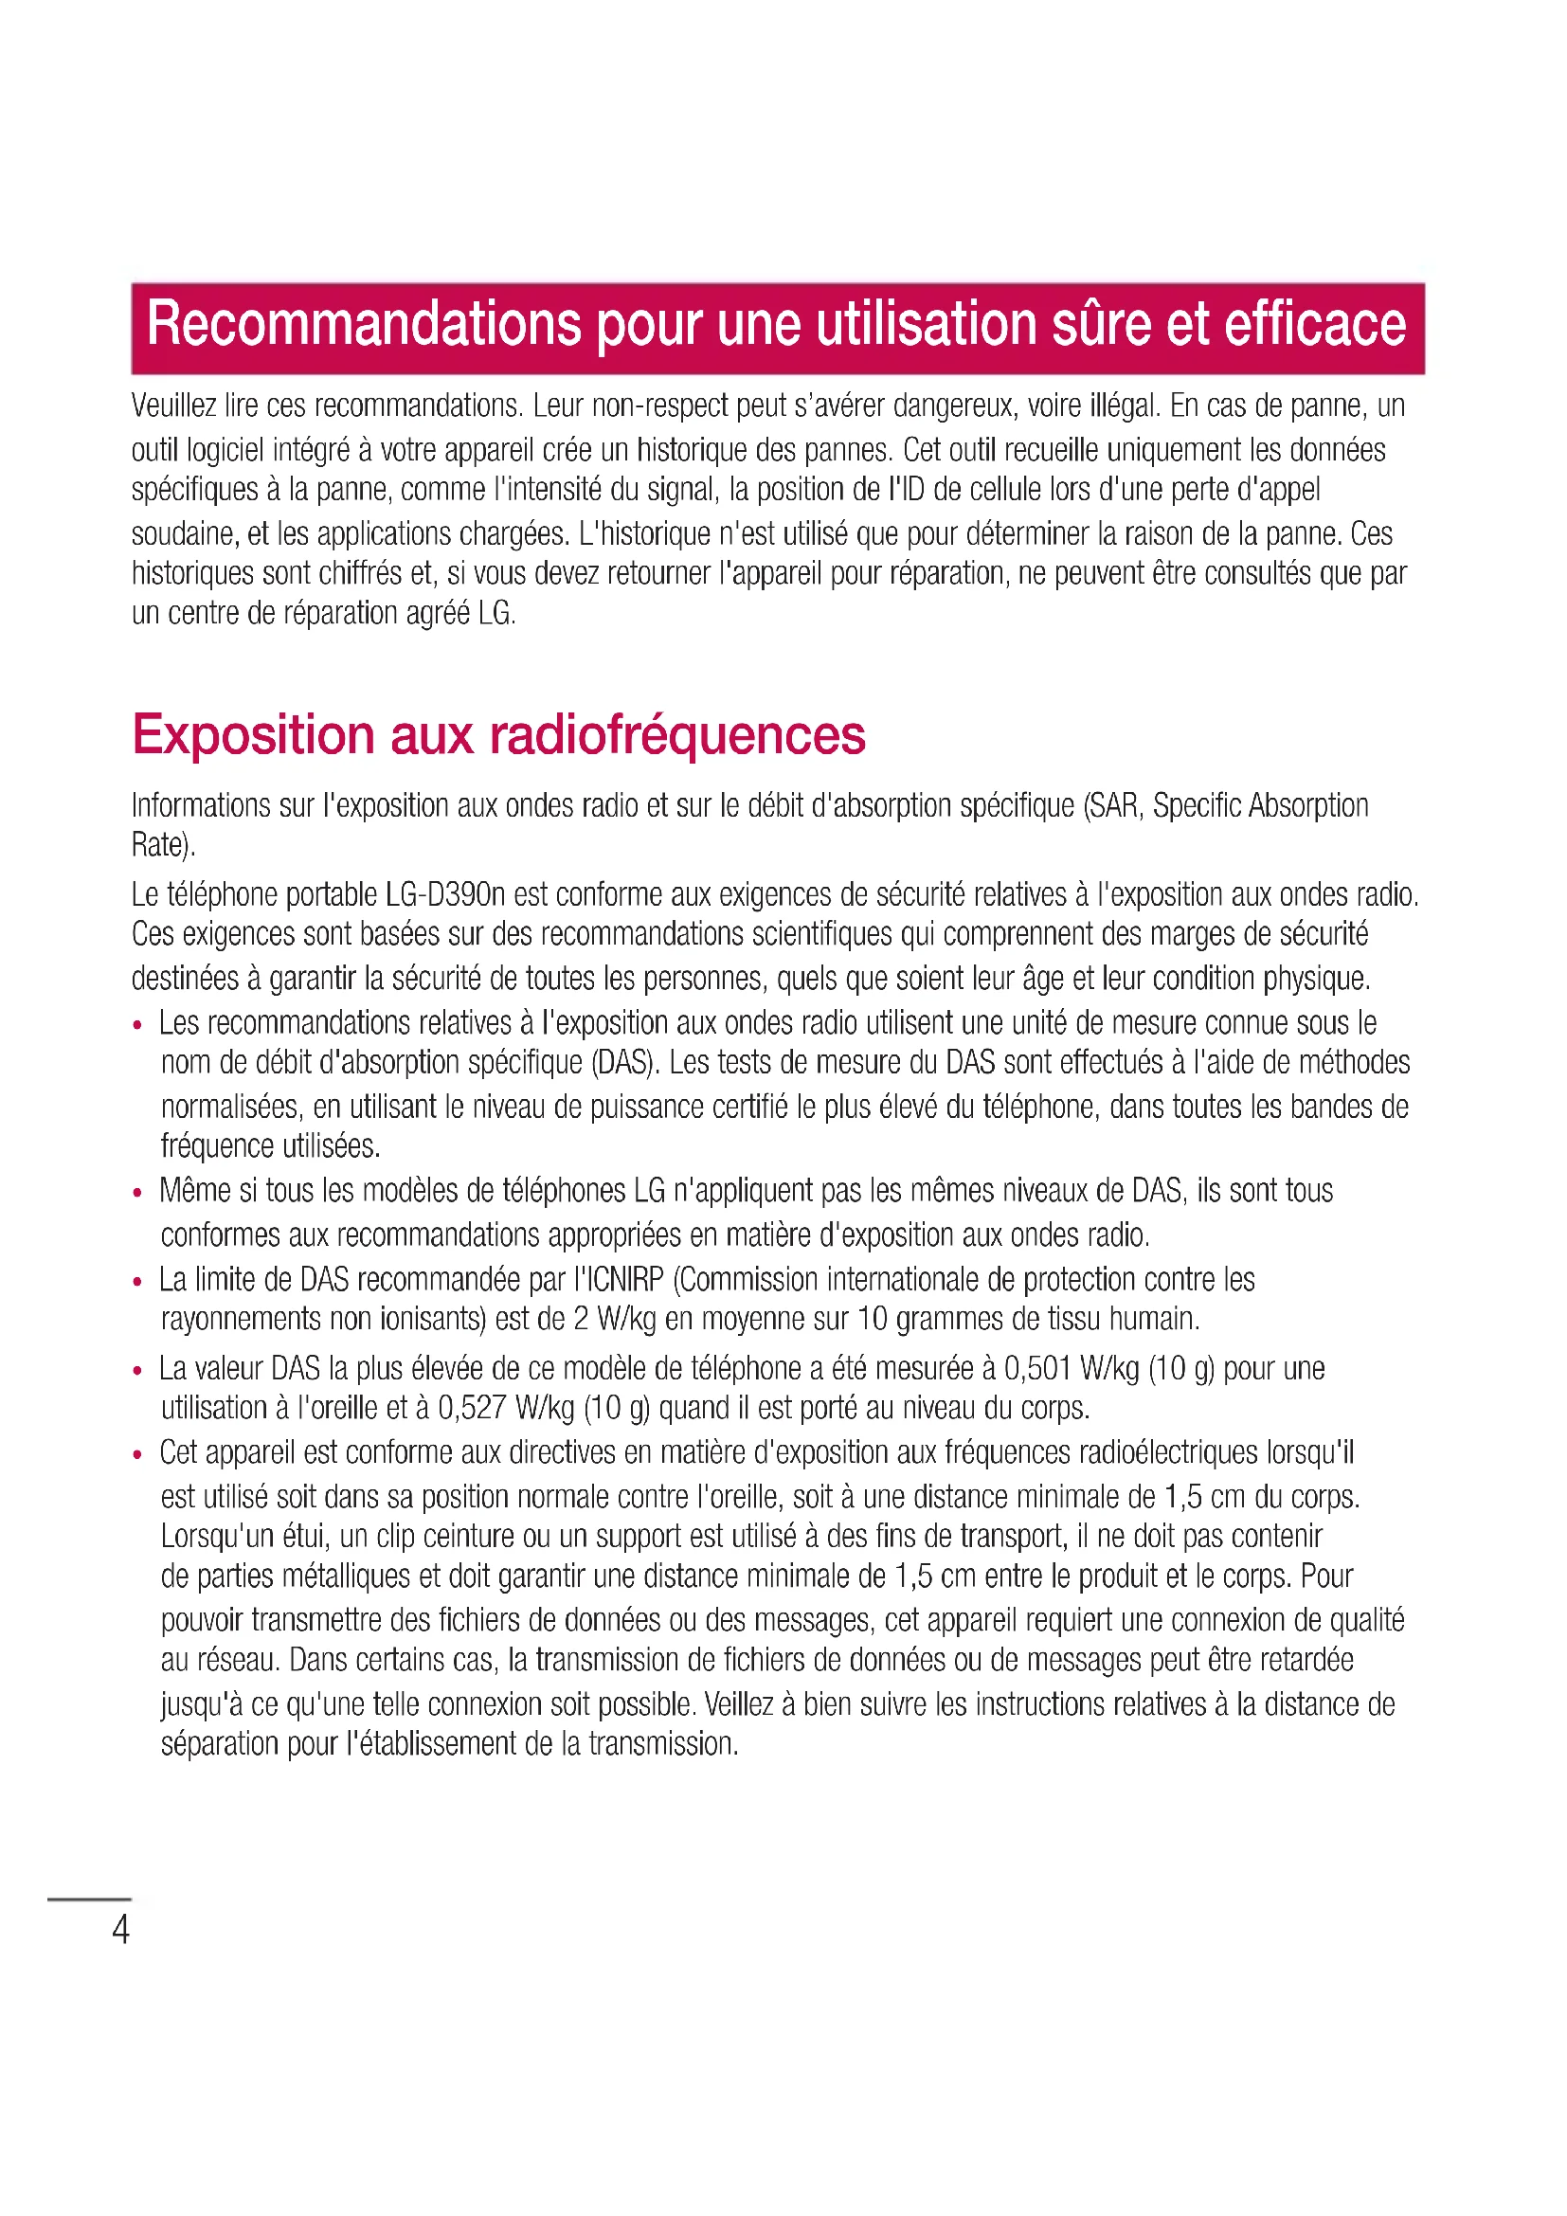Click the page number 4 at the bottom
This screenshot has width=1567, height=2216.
(x=120, y=1929)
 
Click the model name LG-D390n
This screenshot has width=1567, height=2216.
(x=445, y=894)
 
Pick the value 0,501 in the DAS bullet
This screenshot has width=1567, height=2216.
(x=1037, y=1369)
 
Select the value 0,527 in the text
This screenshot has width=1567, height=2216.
(x=472, y=1408)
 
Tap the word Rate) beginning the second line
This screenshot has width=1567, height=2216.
(x=163, y=845)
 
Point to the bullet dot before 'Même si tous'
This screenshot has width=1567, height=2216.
(x=138, y=1194)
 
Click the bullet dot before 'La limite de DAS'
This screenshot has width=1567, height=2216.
(x=138, y=1283)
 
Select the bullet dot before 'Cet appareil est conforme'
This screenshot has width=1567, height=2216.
(x=138, y=1455)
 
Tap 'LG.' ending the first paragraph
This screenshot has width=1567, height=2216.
(x=497, y=613)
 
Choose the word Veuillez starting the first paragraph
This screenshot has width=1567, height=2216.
(x=173, y=406)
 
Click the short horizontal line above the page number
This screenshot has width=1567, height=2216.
(x=89, y=1899)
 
